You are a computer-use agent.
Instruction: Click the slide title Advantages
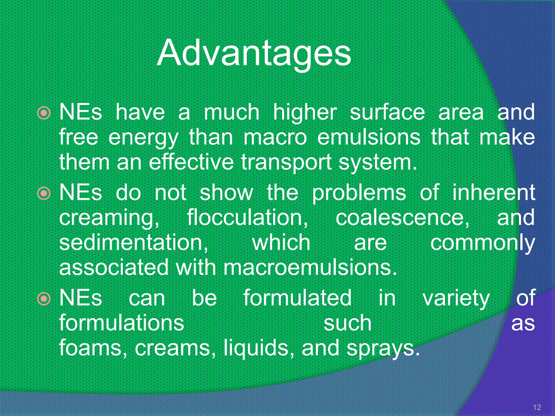click(x=254, y=53)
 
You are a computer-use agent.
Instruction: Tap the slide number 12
click(x=537, y=407)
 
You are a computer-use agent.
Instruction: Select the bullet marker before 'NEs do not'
click(x=44, y=193)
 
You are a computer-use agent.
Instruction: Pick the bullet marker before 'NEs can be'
click(x=44, y=298)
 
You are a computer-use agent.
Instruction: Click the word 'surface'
click(x=387, y=112)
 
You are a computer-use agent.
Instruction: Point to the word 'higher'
click(x=305, y=112)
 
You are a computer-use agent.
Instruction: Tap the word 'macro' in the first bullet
click(x=275, y=137)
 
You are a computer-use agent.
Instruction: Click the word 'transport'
click(x=286, y=162)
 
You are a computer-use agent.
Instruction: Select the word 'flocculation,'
click(x=247, y=217)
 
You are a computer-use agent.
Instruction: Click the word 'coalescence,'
click(x=403, y=217)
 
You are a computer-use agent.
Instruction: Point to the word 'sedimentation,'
click(x=134, y=242)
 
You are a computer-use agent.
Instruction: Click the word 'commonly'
click(x=482, y=243)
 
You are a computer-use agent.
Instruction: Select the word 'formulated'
click(x=298, y=298)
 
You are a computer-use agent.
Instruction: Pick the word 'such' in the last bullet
click(x=347, y=323)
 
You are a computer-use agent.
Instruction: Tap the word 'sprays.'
click(x=383, y=348)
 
